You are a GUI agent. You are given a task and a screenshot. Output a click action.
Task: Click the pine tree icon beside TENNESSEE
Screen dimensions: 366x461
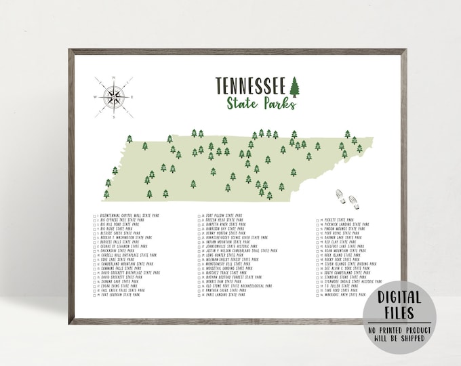tap(294, 87)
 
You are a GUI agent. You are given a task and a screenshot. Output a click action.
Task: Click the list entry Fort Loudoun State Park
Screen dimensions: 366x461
tap(122, 296)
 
